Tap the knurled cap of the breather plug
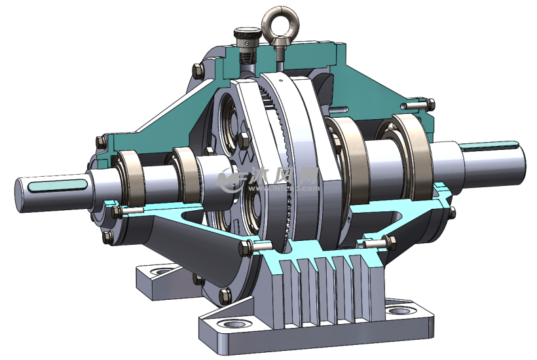click(x=245, y=35)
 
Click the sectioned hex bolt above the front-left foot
click(x=250, y=247)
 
